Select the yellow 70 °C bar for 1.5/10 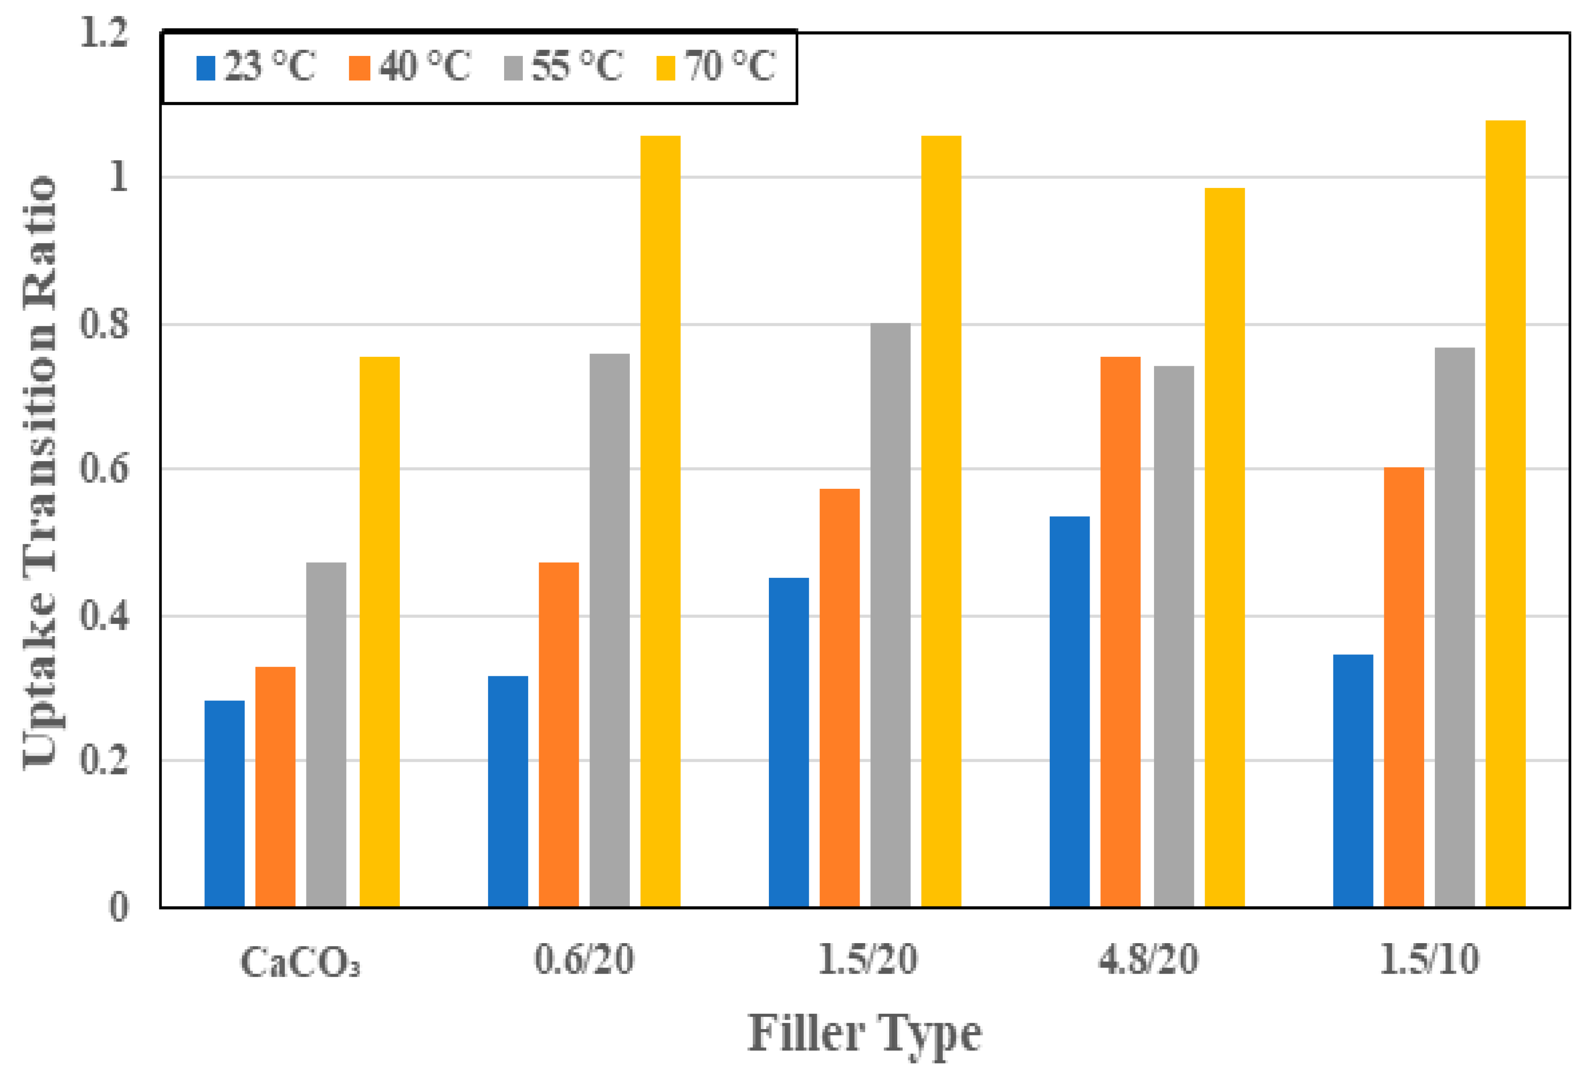pyautogui.click(x=1506, y=514)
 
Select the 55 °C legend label pyautogui.click(x=577, y=66)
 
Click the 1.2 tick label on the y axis pyautogui.click(x=104, y=32)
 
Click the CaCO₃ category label pyautogui.click(x=300, y=961)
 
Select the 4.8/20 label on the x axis pyautogui.click(x=1149, y=959)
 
